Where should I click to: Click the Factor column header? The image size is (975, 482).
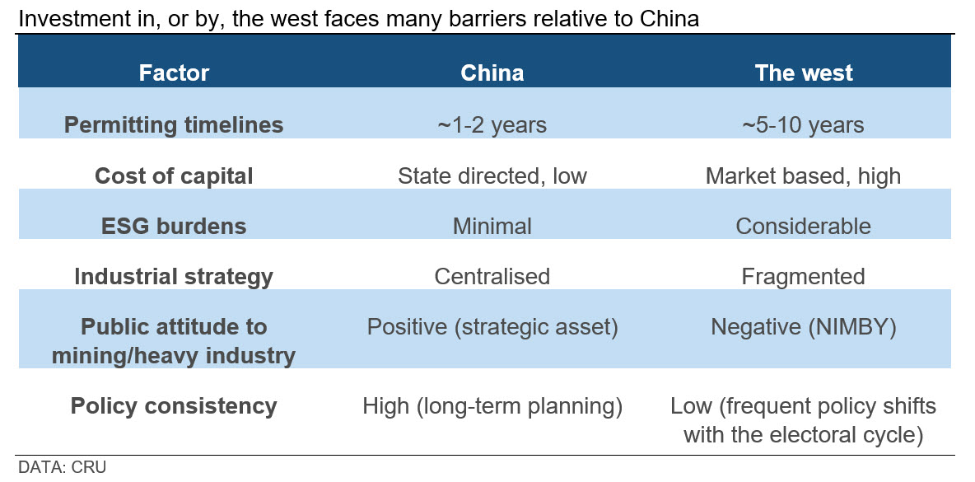[x=174, y=73]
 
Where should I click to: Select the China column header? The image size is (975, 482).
[x=492, y=73]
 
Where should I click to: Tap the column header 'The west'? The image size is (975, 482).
[x=804, y=73]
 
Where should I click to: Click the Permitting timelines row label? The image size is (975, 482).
[x=174, y=125]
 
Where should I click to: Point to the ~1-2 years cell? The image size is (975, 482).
[x=492, y=125]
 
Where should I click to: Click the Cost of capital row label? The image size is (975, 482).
[x=174, y=176]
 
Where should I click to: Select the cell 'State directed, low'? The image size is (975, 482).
[x=492, y=176]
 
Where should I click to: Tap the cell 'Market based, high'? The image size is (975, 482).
[x=804, y=176]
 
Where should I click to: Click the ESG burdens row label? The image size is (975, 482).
[x=174, y=226]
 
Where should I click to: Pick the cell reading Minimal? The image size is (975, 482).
[x=492, y=226]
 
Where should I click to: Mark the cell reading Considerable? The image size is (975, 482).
[x=804, y=226]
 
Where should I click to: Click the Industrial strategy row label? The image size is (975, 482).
[x=174, y=277]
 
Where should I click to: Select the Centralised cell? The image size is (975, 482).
[x=492, y=276]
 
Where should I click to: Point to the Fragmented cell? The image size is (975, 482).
[x=804, y=276]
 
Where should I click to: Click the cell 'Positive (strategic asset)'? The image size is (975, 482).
[x=492, y=327]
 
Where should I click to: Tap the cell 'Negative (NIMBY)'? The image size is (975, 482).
[x=804, y=327]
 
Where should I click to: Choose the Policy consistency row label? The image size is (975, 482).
[x=174, y=406]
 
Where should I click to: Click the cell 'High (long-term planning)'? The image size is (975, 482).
[x=492, y=406]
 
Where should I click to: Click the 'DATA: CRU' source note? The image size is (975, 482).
[x=58, y=467]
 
